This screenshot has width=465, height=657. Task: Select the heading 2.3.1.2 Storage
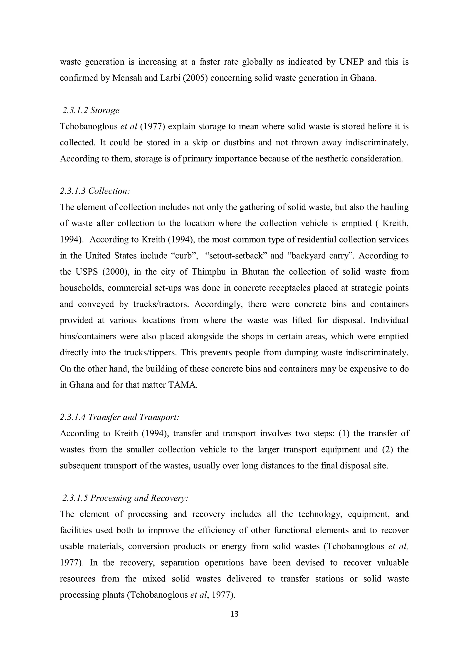coord(91,110)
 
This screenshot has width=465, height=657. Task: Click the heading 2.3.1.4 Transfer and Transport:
coord(119,417)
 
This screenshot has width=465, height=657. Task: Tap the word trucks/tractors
coord(161,304)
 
